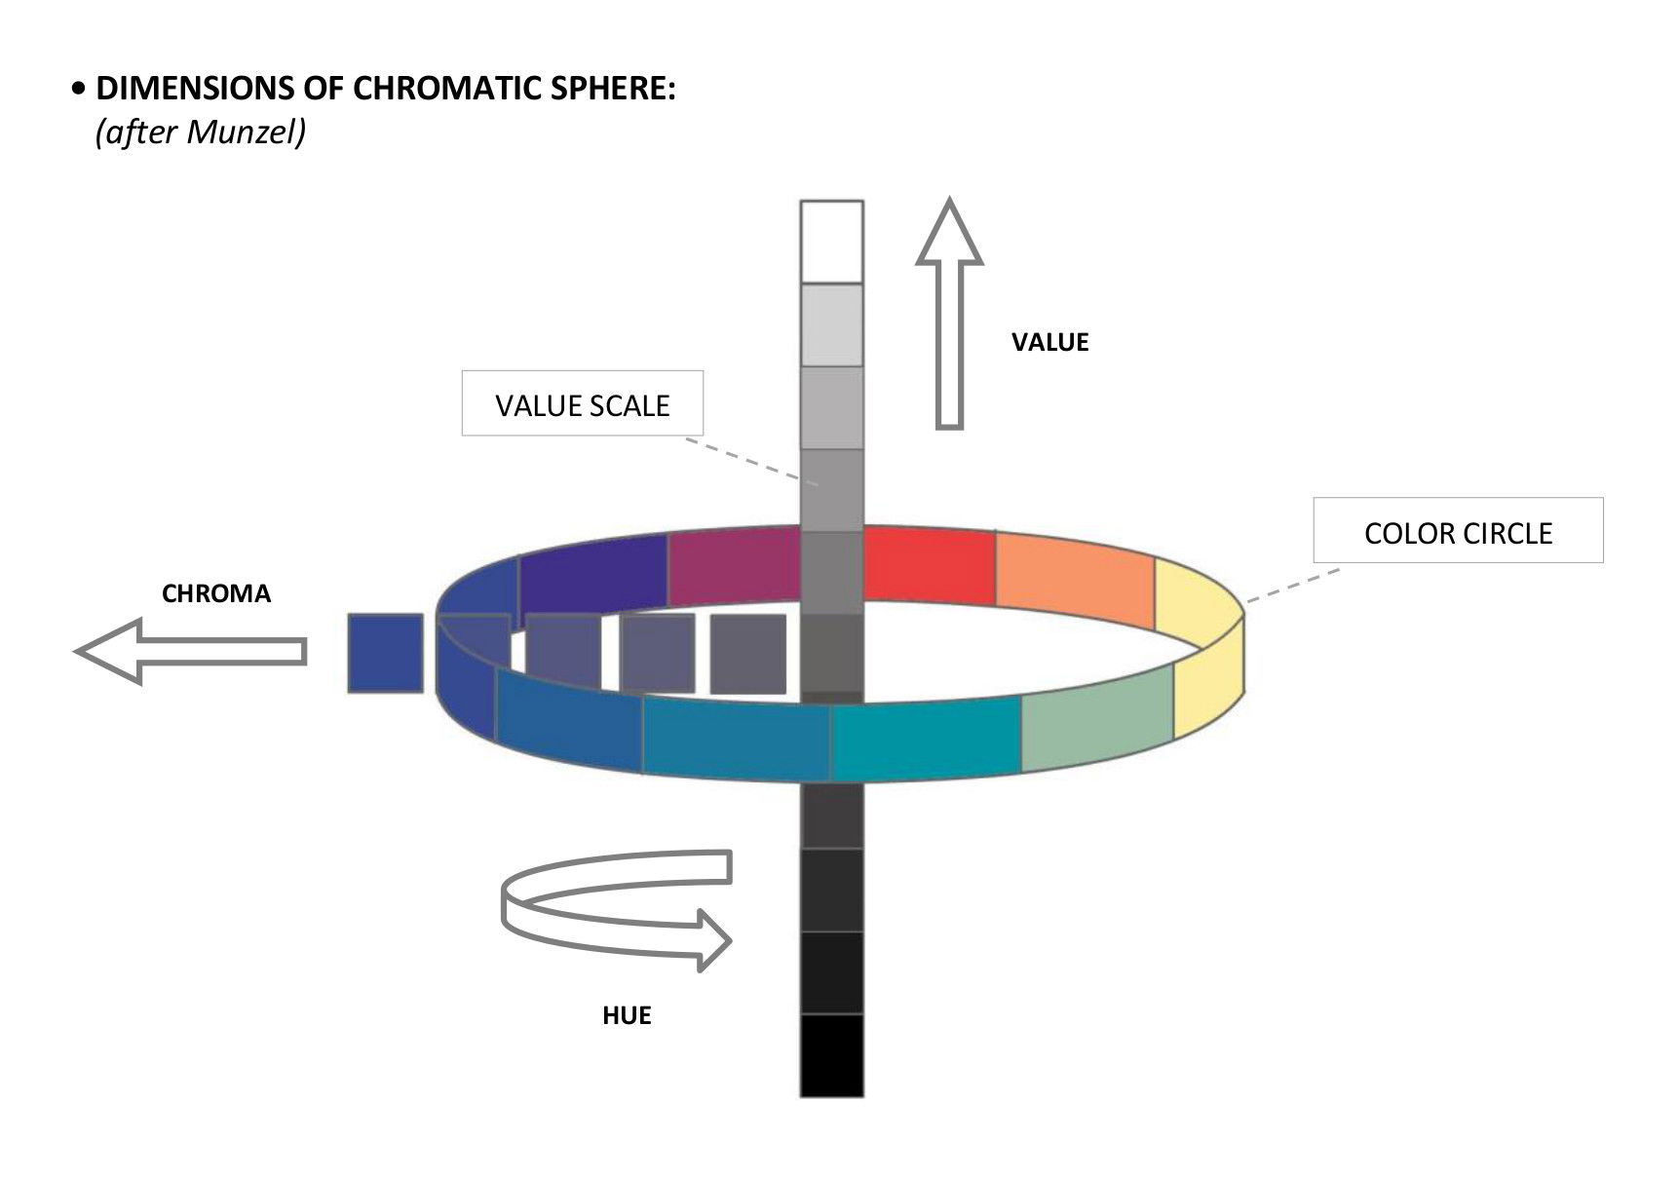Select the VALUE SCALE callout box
tap(582, 403)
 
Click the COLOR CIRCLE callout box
tap(1457, 531)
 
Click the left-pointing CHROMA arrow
tap(190, 651)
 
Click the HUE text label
tap(627, 1015)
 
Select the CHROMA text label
tap(216, 593)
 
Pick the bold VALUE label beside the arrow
tap(1049, 342)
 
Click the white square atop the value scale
tap(831, 242)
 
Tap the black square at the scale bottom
tap(831, 1055)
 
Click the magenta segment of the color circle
tap(734, 565)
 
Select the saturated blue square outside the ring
tap(386, 653)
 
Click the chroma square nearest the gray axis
tap(747, 653)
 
